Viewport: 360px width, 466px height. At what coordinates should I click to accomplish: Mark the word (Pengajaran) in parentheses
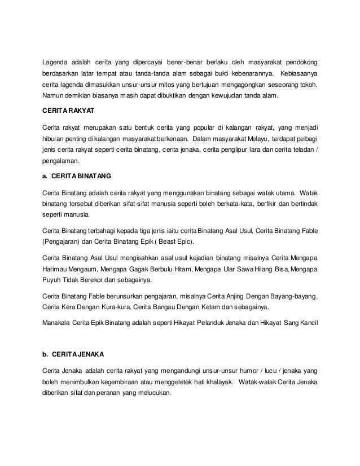point(62,241)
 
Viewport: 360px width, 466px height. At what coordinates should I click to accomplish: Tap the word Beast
point(160,241)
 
